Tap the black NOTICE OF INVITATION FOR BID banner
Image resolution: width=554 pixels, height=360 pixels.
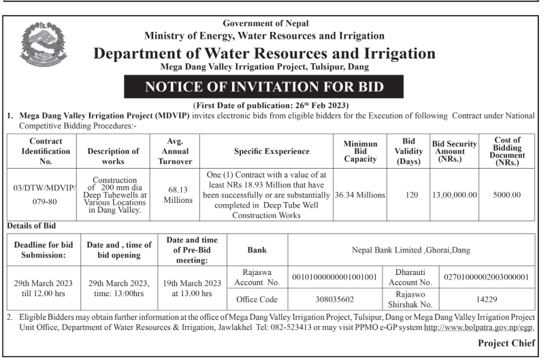point(263,86)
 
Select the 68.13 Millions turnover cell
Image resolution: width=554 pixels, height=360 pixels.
point(178,194)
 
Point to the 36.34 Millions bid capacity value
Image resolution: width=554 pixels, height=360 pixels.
point(360,195)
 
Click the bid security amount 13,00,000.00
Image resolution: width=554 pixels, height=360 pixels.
point(455,195)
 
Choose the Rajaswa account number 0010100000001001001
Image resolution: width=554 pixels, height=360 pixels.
point(335,278)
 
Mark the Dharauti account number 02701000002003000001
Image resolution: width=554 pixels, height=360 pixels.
point(486,278)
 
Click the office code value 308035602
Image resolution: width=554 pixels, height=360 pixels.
point(335,299)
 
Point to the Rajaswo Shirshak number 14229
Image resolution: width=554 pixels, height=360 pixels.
point(486,299)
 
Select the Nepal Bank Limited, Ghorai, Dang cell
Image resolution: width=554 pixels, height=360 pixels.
point(410,250)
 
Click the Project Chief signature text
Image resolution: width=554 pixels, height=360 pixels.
point(506,343)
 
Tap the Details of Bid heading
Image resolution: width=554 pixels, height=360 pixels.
point(31,225)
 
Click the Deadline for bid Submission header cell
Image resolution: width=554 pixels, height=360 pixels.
point(44,250)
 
